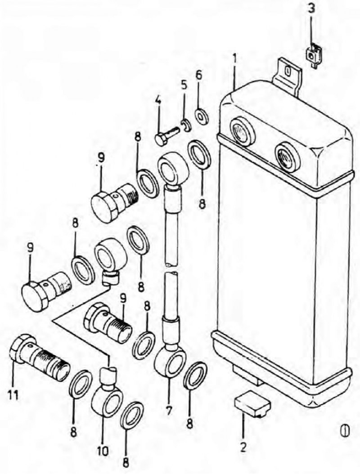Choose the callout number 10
click(x=103, y=451)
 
